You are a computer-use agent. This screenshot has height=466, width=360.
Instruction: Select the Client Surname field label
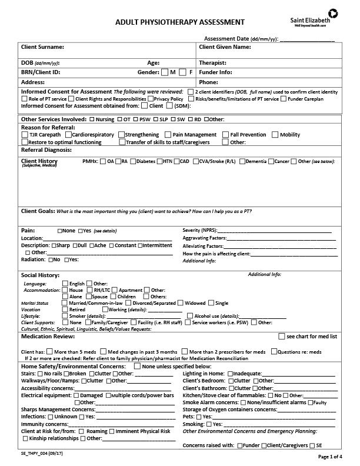(42, 47)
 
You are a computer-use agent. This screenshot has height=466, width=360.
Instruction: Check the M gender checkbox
(164, 72)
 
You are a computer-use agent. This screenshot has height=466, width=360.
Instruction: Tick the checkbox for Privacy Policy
(150, 99)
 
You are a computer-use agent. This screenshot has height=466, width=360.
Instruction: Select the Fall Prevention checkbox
(226, 135)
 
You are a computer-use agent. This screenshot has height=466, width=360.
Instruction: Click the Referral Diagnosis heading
(46, 150)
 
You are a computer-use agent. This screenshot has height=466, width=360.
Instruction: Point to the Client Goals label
(38, 211)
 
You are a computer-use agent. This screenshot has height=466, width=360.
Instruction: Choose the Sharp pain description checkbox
(55, 245)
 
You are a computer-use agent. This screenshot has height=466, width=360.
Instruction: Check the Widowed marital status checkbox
(181, 303)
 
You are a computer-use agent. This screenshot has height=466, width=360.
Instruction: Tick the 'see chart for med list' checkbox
(281, 337)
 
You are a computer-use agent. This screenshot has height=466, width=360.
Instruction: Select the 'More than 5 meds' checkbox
(49, 351)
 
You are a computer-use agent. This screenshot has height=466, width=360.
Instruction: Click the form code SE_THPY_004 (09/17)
(42, 455)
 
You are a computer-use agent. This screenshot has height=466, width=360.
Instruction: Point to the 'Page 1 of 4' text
(334, 457)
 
